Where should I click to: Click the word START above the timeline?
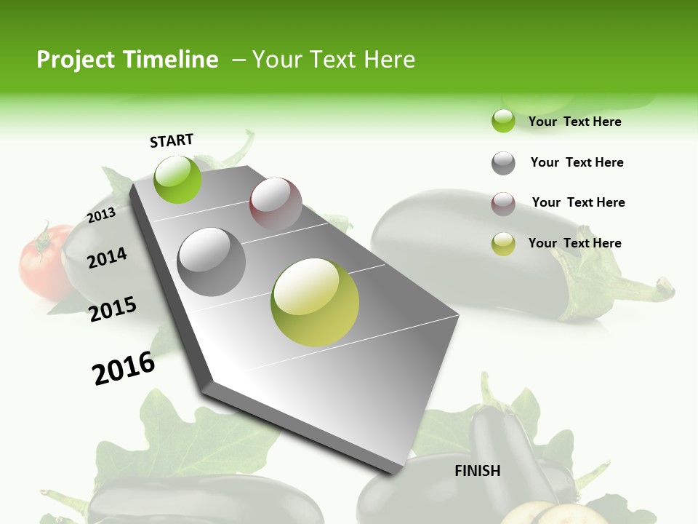[172, 140]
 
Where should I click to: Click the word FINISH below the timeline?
[478, 471]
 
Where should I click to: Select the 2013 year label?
[102, 215]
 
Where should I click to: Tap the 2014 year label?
[108, 258]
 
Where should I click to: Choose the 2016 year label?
[124, 368]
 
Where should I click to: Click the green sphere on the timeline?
[178, 179]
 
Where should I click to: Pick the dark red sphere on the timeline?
[276, 204]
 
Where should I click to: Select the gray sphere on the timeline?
[212, 261]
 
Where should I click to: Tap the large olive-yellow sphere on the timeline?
[315, 302]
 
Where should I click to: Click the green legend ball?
[503, 121]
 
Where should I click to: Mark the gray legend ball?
[503, 163]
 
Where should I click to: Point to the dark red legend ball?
[503, 204]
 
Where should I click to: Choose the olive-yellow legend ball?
[503, 244]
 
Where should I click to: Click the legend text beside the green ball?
[574, 122]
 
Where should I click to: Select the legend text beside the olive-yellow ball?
[574, 243]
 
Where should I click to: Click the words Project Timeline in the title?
[127, 60]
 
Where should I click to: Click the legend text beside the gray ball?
[577, 162]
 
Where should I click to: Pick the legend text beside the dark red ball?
[578, 202]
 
